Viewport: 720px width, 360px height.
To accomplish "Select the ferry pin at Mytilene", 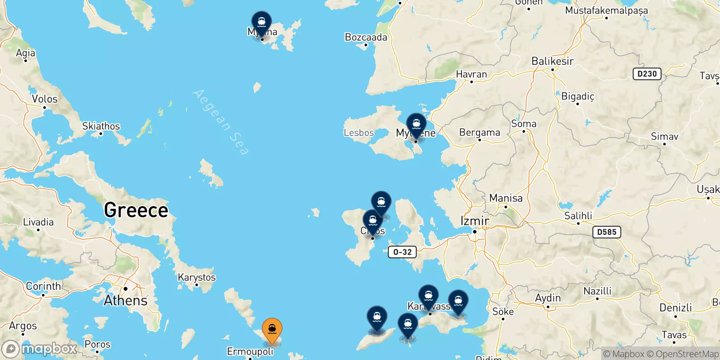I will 416,125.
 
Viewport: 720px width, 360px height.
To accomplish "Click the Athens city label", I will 126,300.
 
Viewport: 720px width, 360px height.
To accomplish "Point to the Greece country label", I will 136,210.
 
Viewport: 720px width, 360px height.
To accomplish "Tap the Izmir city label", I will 475,221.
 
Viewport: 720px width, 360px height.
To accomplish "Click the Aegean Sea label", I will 220,121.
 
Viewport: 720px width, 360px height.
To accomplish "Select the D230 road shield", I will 647,74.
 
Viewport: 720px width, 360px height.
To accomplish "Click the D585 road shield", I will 607,232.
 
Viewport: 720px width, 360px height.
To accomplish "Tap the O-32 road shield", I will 402,252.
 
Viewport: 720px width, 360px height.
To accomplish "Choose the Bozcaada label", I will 366,37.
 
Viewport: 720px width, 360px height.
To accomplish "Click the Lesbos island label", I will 359,133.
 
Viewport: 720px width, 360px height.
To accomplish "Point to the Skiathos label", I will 101,126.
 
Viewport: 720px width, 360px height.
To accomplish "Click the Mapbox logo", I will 40,349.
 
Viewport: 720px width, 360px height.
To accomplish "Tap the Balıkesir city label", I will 552,61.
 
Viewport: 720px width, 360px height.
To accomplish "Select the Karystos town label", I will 197,277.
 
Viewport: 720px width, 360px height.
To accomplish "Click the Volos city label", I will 45,99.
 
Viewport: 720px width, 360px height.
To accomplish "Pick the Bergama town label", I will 479,133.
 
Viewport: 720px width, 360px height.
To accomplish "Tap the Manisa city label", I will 506,198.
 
